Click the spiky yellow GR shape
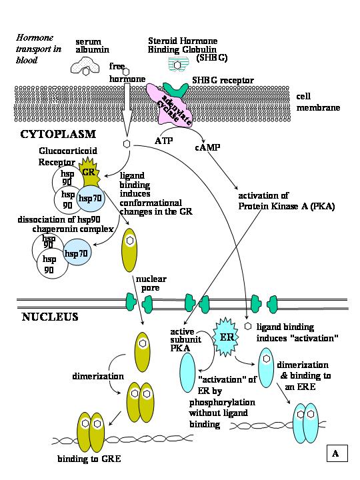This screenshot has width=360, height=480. [x=88, y=171]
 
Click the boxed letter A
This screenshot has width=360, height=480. [x=337, y=454]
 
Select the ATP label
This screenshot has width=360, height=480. [x=164, y=141]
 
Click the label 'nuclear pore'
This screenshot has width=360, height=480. [x=153, y=284]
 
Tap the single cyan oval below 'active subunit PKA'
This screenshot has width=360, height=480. [x=189, y=373]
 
